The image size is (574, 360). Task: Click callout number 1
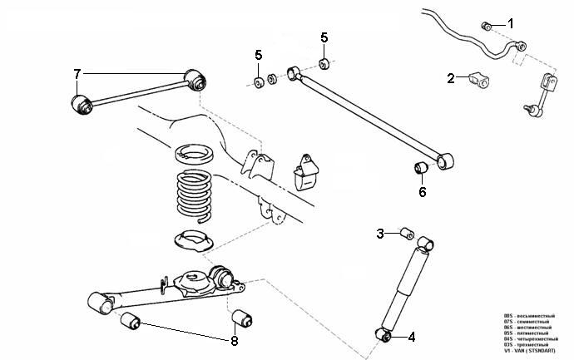(512, 22)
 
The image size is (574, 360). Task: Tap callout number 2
(451, 78)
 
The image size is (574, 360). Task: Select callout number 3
(380, 234)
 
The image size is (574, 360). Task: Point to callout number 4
(411, 337)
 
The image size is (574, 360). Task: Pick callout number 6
(422, 192)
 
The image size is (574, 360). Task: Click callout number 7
(77, 74)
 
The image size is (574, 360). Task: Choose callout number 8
(235, 340)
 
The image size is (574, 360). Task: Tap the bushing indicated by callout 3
(407, 232)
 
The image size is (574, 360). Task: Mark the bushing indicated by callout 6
(421, 169)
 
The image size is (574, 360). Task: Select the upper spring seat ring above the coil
(193, 153)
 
